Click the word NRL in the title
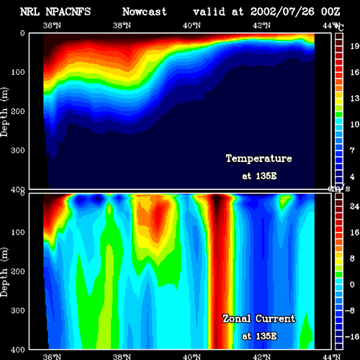30,12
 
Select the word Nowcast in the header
145,12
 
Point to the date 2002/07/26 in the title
282,12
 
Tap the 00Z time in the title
330,12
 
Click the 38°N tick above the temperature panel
122,25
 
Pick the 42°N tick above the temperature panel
261,25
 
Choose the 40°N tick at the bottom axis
192,356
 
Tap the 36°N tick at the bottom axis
52,356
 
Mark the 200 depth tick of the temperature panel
18,111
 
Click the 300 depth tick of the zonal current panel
18,310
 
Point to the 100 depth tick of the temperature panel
18,72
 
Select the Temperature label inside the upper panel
259,158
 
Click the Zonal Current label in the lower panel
259,319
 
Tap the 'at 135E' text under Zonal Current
259,336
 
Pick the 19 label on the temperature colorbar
354,46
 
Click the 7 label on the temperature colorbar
352,150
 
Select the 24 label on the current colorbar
354,207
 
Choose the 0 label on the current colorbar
352,284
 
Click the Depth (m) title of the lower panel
4,271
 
